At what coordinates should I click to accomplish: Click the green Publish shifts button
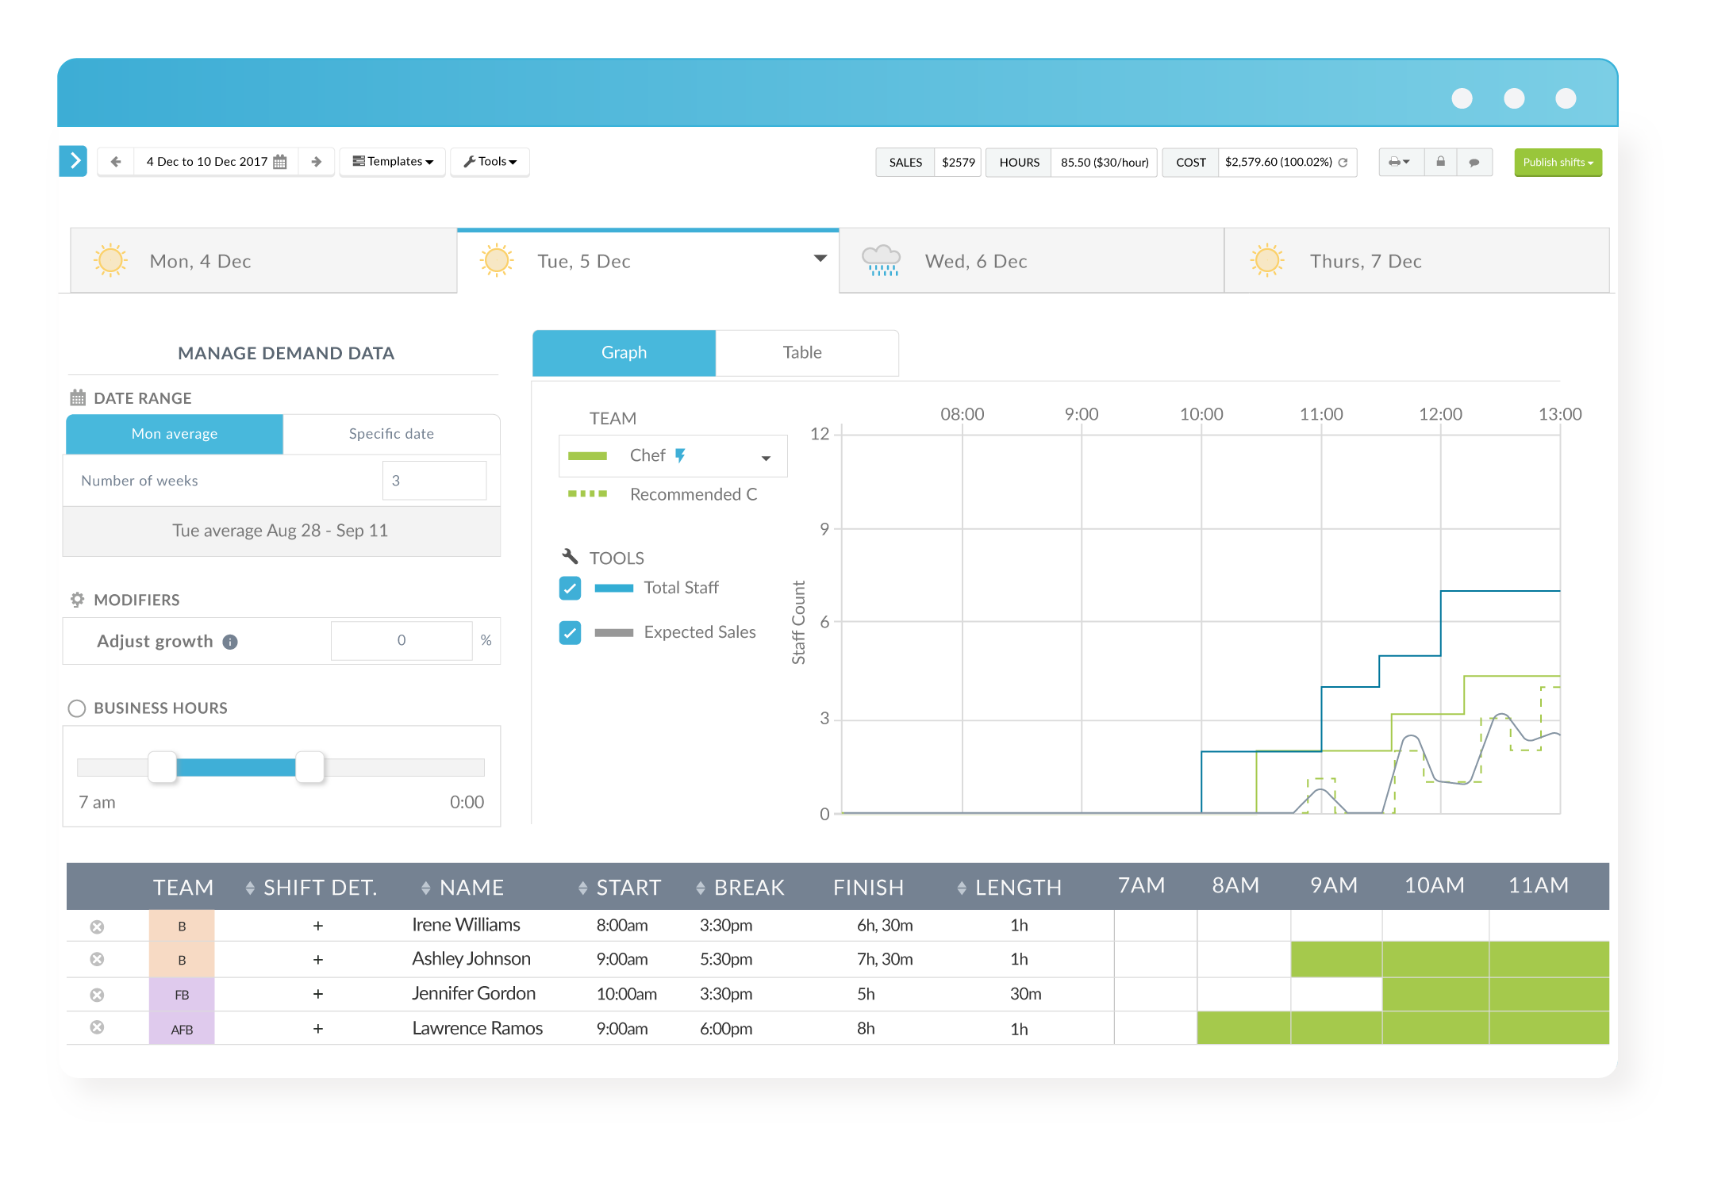tap(1557, 162)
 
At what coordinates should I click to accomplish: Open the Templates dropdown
tap(393, 162)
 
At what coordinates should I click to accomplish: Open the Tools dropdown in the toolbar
tap(490, 162)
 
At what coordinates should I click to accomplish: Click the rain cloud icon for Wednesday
tap(881, 260)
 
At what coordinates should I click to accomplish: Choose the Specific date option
tap(391, 434)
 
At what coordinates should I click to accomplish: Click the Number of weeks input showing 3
tap(434, 481)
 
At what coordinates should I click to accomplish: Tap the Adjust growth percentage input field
tap(402, 640)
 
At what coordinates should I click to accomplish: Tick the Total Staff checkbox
tap(570, 588)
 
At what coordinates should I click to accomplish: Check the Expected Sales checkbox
tap(570, 632)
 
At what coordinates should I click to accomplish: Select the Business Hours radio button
tap(77, 708)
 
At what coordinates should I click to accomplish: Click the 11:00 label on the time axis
tap(1320, 414)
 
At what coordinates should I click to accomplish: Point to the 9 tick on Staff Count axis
tap(824, 529)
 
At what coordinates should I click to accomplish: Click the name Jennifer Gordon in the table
tap(474, 994)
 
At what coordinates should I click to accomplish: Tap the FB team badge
tap(182, 995)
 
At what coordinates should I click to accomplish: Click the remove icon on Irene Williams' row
tap(97, 927)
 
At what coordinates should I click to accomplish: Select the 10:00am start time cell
tap(626, 994)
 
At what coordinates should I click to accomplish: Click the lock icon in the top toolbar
tap(1440, 162)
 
